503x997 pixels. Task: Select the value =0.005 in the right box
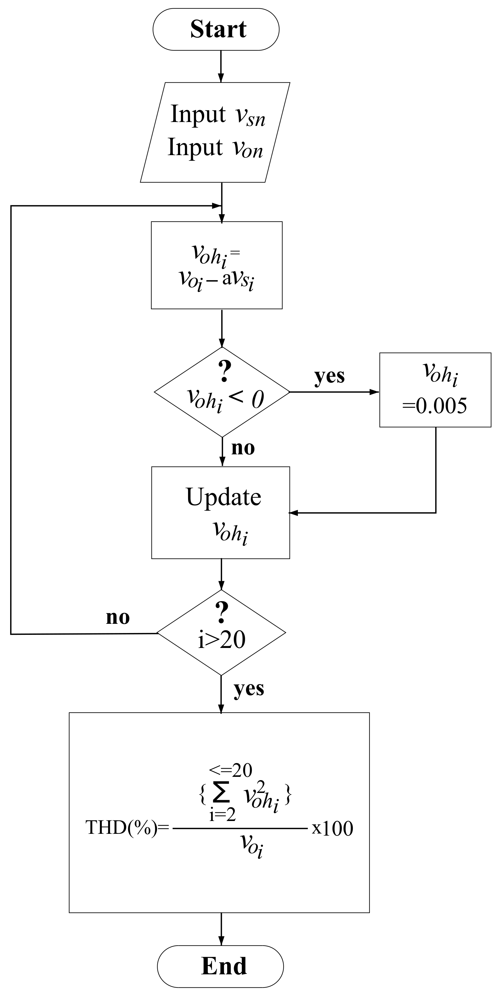434,406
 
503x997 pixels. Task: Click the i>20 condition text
221,640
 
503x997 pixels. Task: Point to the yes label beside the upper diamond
329,376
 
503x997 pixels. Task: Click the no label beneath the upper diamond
243,448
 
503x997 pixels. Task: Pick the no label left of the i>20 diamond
118,618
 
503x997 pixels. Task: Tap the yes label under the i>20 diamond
249,689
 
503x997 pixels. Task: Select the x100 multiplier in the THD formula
332,829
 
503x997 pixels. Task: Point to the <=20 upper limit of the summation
230,770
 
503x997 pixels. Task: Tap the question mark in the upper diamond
224,371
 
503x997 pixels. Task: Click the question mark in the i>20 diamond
221,613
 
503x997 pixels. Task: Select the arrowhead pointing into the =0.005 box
374,392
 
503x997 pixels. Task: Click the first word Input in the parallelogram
198,115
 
